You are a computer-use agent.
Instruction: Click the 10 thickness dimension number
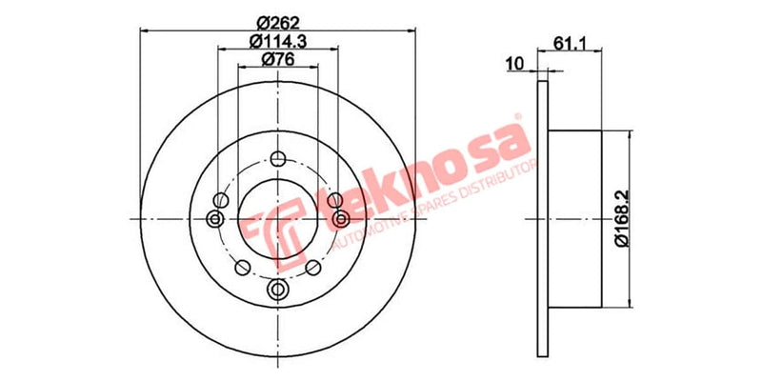click(x=515, y=64)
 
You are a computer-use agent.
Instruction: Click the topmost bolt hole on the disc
click(x=277, y=159)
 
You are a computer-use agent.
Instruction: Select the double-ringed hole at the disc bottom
click(x=277, y=289)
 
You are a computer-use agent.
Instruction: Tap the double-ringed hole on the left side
click(x=213, y=220)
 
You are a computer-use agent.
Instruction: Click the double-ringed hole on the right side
click(x=341, y=220)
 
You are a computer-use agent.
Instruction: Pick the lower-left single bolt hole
click(x=243, y=267)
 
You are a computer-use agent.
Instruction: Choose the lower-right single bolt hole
click(x=311, y=267)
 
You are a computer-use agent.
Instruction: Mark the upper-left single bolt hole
click(x=221, y=199)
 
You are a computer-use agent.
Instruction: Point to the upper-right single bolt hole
click(x=333, y=199)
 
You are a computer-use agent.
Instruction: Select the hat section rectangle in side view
click(x=576, y=218)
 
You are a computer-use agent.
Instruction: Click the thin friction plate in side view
click(x=543, y=218)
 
